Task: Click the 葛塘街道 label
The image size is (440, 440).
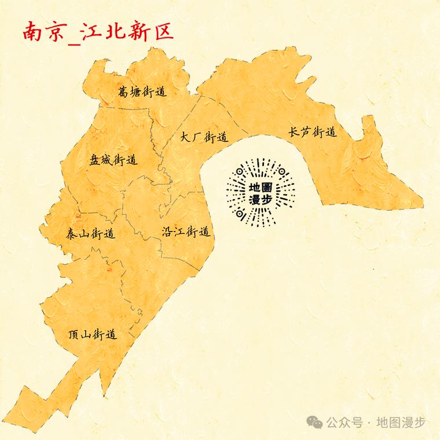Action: (142, 91)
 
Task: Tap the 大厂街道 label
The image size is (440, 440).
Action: (204, 137)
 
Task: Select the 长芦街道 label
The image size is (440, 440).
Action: (313, 132)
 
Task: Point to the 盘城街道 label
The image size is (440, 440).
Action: (113, 159)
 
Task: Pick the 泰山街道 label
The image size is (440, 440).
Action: (90, 234)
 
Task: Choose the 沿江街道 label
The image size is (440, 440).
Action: (185, 232)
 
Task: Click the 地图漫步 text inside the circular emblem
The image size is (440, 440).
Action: (261, 193)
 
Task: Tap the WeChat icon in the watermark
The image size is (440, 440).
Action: (316, 422)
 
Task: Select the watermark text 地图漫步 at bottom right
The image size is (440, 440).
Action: (401, 423)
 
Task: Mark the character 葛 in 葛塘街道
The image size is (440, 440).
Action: (123, 91)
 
